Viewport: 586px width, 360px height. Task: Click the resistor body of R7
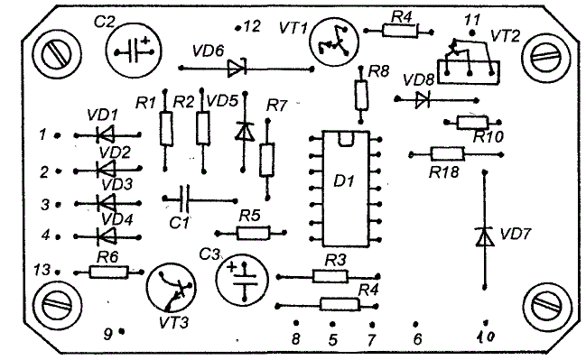pos(267,160)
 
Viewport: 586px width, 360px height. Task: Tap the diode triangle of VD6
pos(237,68)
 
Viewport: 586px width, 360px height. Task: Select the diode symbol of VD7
pos(485,236)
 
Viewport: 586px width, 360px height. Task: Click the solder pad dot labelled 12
pos(237,28)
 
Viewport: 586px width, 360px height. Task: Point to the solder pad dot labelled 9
pos(121,331)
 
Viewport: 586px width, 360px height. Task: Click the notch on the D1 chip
pos(345,139)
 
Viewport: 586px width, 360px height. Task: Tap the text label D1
pos(343,181)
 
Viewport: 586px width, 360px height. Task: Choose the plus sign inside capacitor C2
pos(145,41)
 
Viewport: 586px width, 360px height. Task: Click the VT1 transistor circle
pos(335,42)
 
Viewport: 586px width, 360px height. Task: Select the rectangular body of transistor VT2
pos(469,72)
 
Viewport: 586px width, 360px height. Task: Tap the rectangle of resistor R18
pos(447,154)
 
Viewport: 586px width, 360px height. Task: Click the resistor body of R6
pos(108,272)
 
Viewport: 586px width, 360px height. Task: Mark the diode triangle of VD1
pos(106,134)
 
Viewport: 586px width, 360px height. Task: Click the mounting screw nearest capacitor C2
pos(57,55)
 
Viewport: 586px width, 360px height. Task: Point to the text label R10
pos(488,137)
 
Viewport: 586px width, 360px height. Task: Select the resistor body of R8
pos(361,95)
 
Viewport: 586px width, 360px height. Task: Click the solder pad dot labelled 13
pos(58,272)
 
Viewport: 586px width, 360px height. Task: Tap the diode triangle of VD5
pos(245,132)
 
